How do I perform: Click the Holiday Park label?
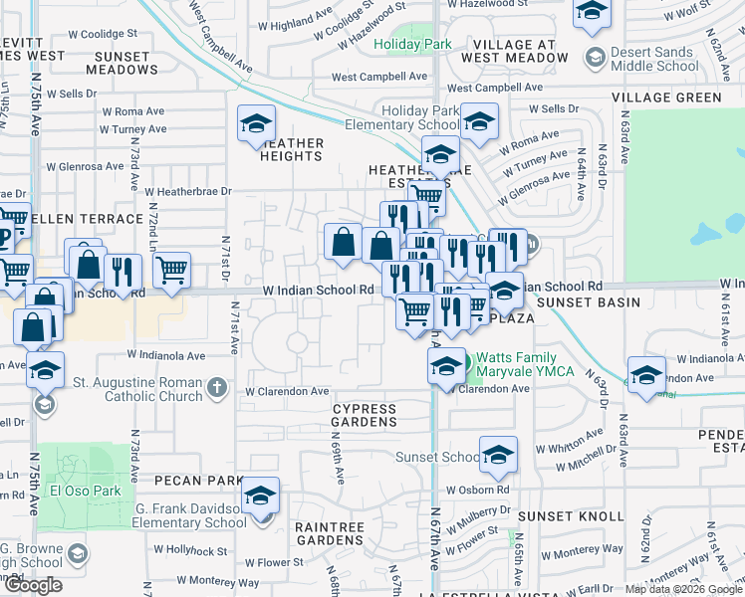(x=412, y=44)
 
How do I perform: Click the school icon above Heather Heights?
(x=256, y=124)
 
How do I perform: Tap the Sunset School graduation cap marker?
(x=498, y=455)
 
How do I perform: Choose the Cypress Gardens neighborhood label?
(x=365, y=415)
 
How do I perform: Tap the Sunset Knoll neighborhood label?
(x=559, y=516)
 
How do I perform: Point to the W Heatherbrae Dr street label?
(x=187, y=191)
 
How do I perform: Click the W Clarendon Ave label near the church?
(x=289, y=391)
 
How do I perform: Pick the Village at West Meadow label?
(x=514, y=52)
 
